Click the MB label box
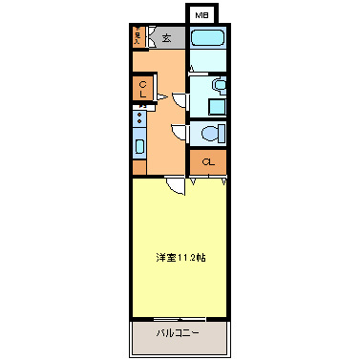click(x=201, y=15)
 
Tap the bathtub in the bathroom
click(x=206, y=39)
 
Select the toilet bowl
click(x=212, y=133)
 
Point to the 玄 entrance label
click(x=166, y=38)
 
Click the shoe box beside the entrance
click(x=139, y=38)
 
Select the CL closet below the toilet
click(x=207, y=160)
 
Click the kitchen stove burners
click(x=138, y=119)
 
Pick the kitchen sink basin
click(x=139, y=147)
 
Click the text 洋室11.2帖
click(x=180, y=258)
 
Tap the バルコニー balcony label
click(x=179, y=333)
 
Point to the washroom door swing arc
click(x=180, y=95)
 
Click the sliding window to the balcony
click(x=180, y=318)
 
